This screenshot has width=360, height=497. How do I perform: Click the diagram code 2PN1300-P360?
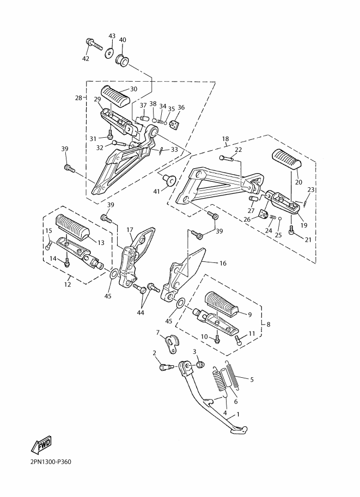(x=51, y=462)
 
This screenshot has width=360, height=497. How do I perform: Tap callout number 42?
(x=86, y=59)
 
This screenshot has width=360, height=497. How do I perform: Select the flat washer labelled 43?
(x=109, y=52)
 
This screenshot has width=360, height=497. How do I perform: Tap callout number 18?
(x=225, y=139)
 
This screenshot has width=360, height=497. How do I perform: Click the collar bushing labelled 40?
(x=124, y=60)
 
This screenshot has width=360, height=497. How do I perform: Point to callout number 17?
(x=130, y=230)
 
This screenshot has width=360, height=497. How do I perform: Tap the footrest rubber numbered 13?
(x=72, y=227)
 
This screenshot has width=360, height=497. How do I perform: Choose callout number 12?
(x=67, y=284)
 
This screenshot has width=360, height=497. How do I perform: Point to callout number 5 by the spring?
(x=252, y=379)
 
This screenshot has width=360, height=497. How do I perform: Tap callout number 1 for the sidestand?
(x=238, y=414)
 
